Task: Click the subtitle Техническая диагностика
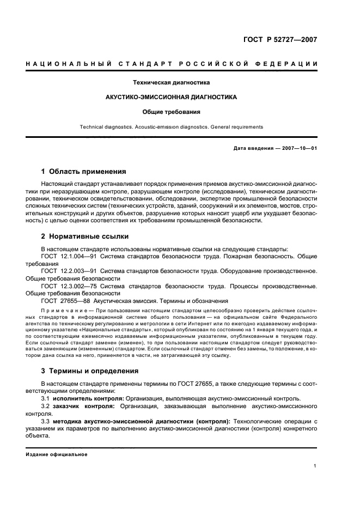[172, 83]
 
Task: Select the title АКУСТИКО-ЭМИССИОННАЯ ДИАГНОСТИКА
[172, 98]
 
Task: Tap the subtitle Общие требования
[172, 112]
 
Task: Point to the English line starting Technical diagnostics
[172, 127]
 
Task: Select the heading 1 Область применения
[84, 171]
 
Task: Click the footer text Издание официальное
[57, 454]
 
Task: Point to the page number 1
[315, 466]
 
